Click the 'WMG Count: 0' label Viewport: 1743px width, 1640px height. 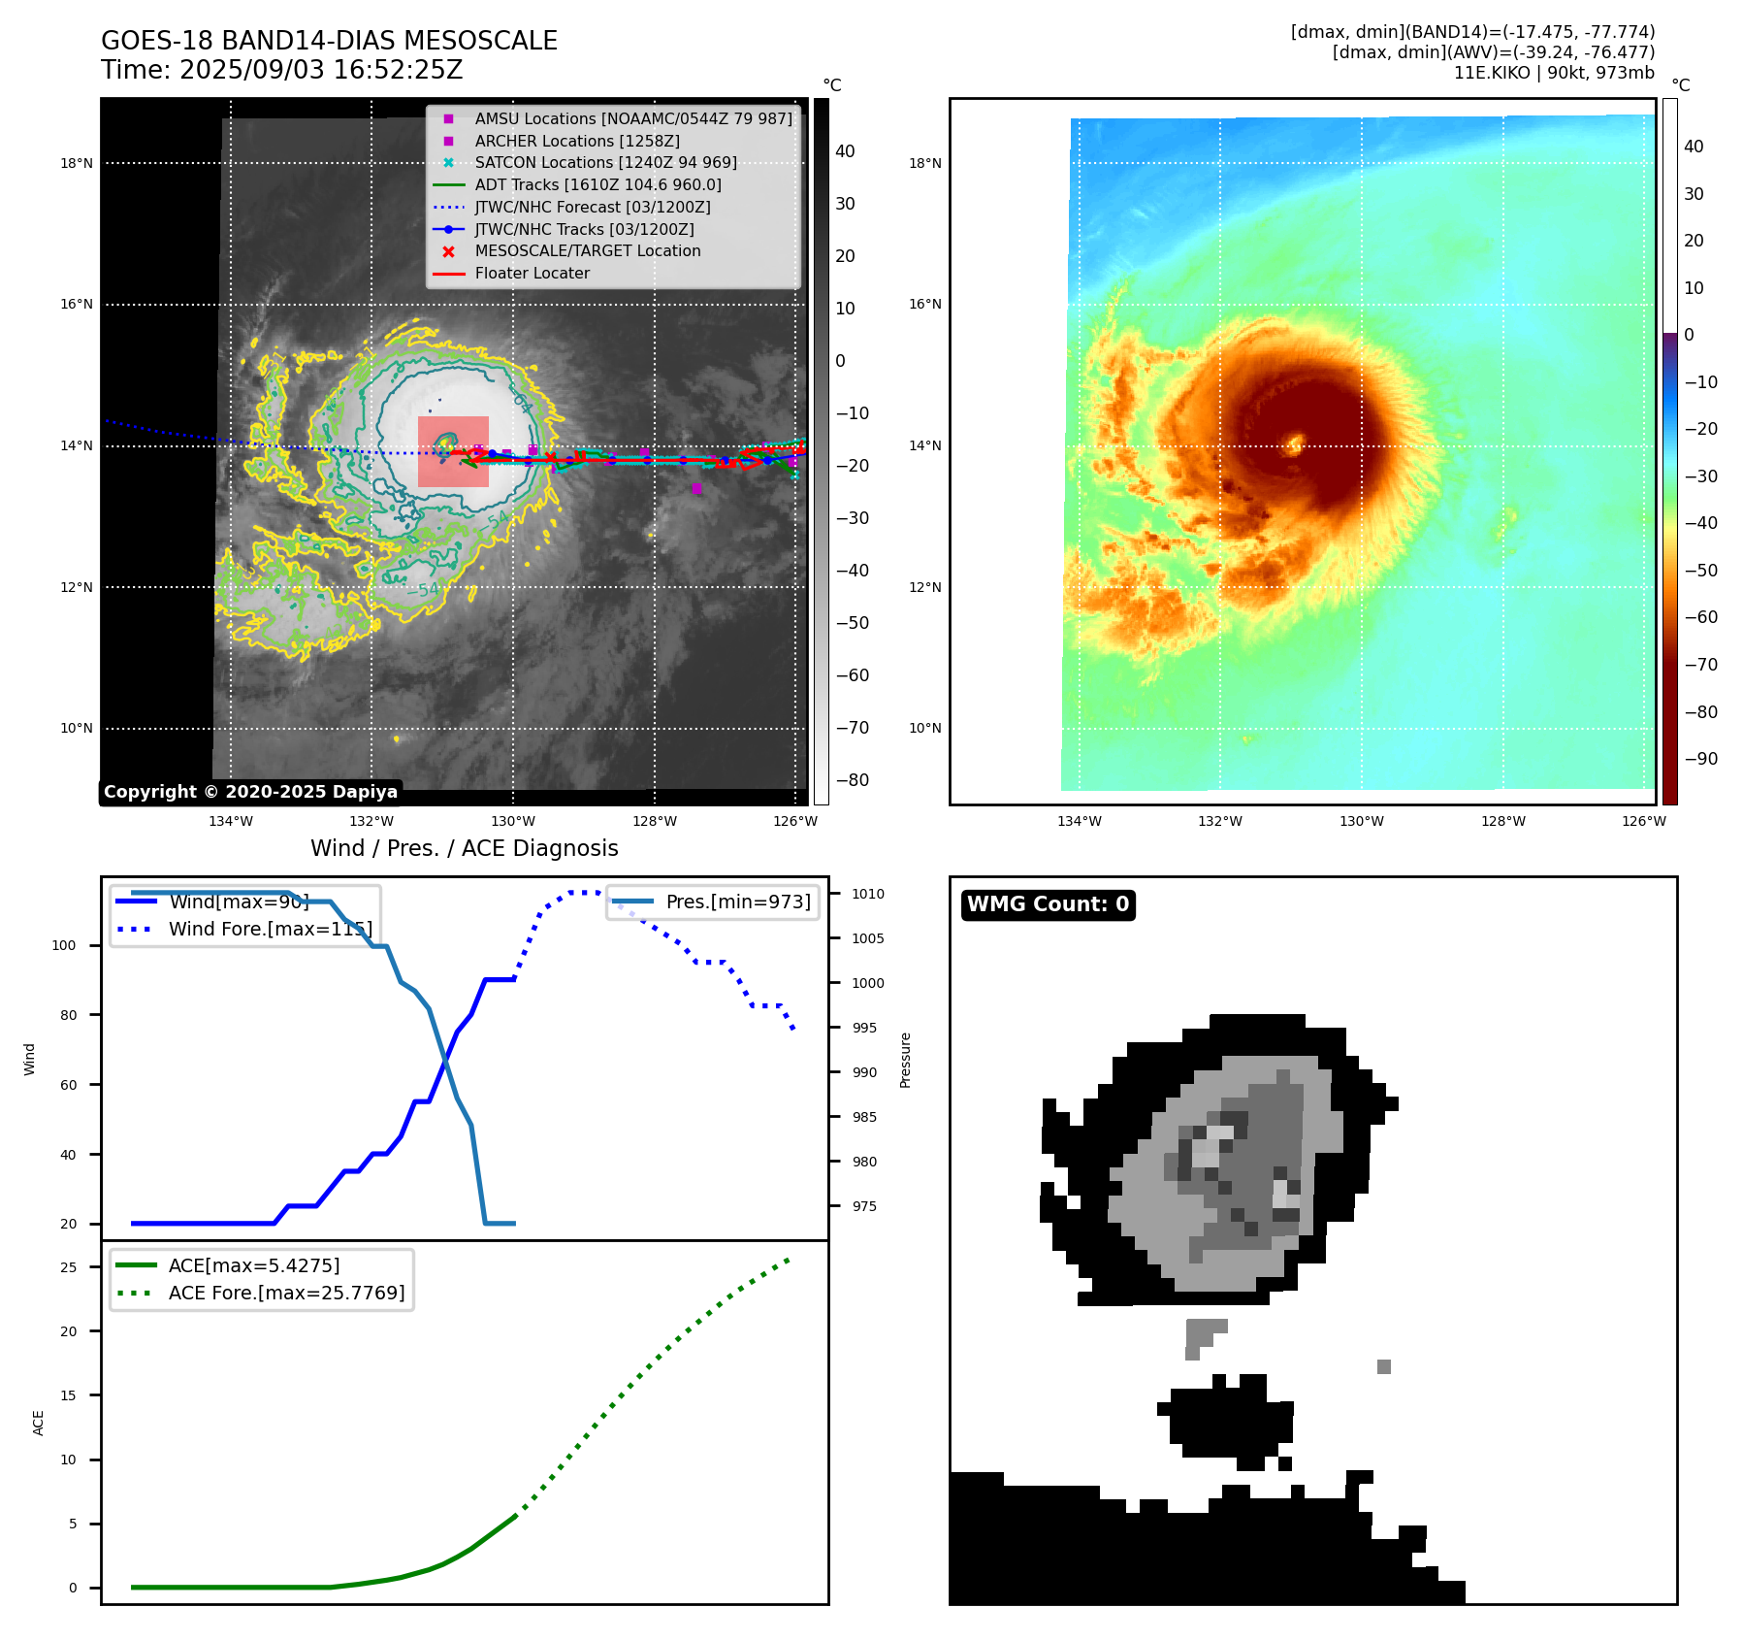(1048, 904)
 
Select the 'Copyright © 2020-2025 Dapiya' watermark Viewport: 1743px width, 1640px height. (250, 792)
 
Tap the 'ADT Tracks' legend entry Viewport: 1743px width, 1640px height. (597, 184)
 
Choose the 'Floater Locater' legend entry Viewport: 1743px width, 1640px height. (532, 273)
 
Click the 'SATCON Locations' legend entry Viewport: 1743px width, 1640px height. (605, 162)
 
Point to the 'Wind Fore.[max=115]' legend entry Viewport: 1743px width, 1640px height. (270, 929)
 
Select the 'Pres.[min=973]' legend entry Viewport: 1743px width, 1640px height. (737, 902)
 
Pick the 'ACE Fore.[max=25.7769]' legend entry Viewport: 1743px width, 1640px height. (286, 1293)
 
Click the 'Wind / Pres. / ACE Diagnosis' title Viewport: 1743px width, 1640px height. (464, 848)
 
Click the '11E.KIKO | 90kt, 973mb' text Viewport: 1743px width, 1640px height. (1553, 73)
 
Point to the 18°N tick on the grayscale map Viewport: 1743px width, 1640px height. (77, 163)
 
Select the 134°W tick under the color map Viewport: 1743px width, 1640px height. (1079, 821)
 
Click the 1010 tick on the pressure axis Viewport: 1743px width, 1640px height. (867, 894)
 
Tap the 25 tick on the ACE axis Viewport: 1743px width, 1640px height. (68, 1267)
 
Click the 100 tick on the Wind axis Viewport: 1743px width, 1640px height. (63, 945)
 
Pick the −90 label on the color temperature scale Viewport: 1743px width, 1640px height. (1700, 759)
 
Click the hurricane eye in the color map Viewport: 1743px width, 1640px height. (1294, 445)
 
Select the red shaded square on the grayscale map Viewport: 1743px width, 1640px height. (453, 451)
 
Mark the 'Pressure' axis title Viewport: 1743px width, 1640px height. (905, 1060)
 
